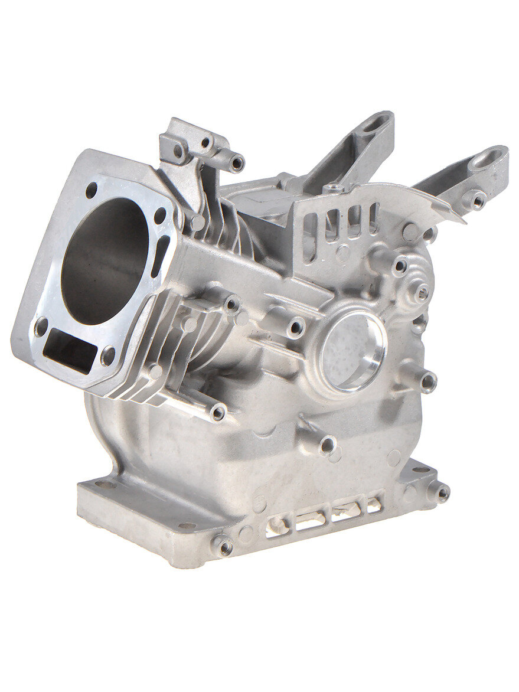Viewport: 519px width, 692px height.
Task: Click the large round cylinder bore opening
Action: click(105, 260)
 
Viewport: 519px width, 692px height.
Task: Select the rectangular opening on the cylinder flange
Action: click(70, 350)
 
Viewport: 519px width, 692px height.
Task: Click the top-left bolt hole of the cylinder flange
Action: click(91, 190)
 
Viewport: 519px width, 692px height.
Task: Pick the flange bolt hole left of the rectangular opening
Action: click(41, 326)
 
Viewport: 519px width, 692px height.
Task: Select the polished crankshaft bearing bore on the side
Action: click(352, 351)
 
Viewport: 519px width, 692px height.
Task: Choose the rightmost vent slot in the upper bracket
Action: click(374, 216)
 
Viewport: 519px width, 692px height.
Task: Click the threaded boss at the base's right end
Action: click(441, 492)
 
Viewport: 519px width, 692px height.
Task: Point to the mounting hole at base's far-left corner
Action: click(105, 484)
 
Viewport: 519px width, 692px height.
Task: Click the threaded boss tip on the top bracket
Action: click(237, 163)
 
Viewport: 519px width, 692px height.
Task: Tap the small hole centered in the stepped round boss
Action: click(422, 292)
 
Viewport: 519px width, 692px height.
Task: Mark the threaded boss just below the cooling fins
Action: click(218, 413)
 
